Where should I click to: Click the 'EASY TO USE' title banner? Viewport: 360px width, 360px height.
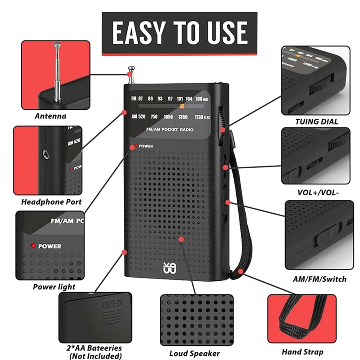[x=180, y=32]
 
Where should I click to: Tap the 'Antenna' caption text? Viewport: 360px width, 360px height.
[x=50, y=116]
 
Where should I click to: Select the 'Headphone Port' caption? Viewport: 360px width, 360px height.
[x=51, y=202]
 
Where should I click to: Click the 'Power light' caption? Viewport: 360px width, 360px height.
[x=54, y=287]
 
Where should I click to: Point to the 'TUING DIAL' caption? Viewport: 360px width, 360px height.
[x=316, y=121]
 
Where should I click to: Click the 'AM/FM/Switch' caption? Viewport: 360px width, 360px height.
[x=320, y=279]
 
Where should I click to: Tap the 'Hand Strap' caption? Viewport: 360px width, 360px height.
[x=302, y=352]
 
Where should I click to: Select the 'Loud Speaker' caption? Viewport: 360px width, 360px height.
[x=194, y=353]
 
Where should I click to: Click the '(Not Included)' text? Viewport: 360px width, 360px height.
[x=95, y=356]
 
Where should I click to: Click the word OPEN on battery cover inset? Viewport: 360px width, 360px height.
[x=112, y=304]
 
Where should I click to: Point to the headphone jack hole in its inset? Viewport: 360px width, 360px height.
[x=46, y=154]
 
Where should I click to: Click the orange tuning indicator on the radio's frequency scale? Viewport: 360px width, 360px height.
[x=182, y=106]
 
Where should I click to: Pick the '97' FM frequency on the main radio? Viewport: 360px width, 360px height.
[x=170, y=99]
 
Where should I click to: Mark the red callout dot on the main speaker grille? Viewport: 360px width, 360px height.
[x=181, y=239]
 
